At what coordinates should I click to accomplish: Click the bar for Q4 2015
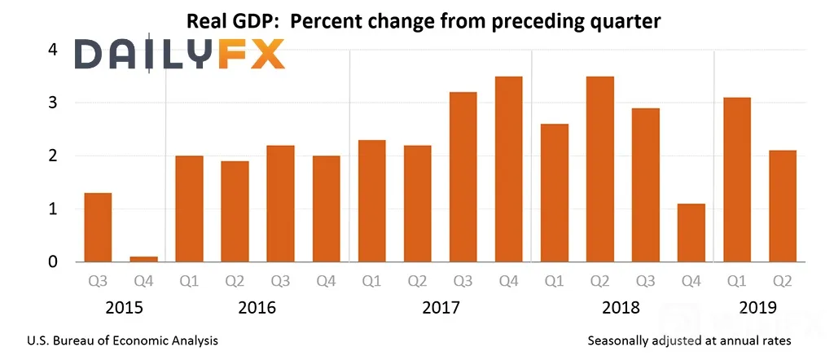(x=143, y=259)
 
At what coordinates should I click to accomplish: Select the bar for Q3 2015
(x=98, y=227)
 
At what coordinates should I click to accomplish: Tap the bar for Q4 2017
(x=508, y=169)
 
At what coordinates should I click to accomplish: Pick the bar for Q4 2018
(x=691, y=232)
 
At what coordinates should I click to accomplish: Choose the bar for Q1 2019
(x=736, y=180)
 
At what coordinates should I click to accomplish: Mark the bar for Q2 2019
(x=783, y=206)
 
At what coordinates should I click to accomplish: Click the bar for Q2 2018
(x=600, y=169)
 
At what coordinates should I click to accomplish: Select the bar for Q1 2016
(x=189, y=209)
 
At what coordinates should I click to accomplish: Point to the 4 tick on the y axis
(x=53, y=50)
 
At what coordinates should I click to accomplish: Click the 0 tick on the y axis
(x=53, y=261)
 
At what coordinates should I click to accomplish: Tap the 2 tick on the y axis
(x=53, y=156)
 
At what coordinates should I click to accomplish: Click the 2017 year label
(x=441, y=307)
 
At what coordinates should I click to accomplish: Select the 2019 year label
(x=757, y=307)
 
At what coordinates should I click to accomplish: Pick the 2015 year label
(x=124, y=307)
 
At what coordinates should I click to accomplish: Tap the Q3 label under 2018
(x=645, y=281)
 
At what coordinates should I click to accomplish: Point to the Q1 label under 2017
(x=371, y=281)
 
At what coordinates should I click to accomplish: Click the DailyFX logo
(x=179, y=55)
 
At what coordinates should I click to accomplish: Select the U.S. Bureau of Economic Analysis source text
(x=122, y=340)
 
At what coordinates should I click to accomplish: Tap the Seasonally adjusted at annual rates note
(x=689, y=340)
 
